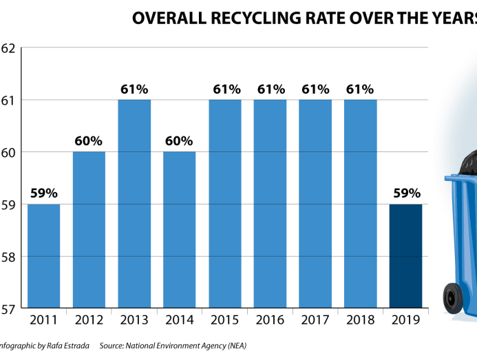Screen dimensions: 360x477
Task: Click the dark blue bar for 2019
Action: (405, 256)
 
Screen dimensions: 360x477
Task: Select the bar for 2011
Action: (43, 256)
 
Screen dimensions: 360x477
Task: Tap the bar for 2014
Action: (179, 230)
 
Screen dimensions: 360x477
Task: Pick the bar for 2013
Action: (134, 204)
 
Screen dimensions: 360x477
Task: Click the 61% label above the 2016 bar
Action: (271, 89)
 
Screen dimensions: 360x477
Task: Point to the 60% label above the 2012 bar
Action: (89, 141)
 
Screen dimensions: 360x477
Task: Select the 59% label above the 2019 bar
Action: (405, 193)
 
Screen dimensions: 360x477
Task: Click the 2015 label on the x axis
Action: (225, 321)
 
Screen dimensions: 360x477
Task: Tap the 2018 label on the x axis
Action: (361, 321)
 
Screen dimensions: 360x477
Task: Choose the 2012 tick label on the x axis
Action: (89, 321)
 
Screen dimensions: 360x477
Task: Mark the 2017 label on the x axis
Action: (315, 321)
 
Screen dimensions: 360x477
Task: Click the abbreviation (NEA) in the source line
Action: (234, 345)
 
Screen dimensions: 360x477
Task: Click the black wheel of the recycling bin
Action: (453, 297)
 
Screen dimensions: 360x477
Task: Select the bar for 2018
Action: (361, 204)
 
